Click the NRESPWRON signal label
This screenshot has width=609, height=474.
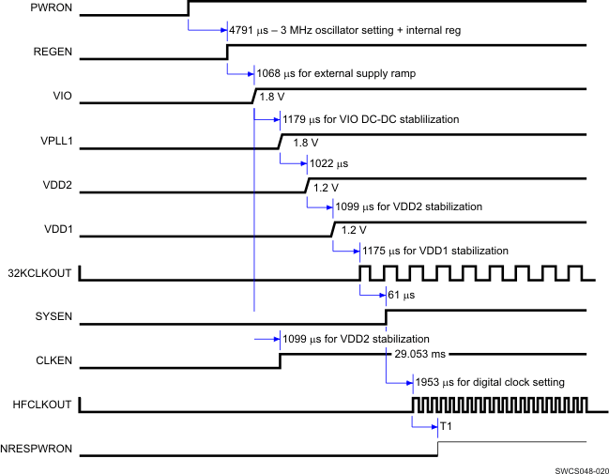coord(40,449)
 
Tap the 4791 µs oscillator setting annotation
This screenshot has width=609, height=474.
coord(344,30)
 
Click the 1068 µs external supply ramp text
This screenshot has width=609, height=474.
coord(335,72)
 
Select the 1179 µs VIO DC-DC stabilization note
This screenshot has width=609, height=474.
coord(369,119)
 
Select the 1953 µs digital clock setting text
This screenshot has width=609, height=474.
coord(488,382)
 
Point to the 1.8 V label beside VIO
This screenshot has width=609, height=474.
coord(273,98)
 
